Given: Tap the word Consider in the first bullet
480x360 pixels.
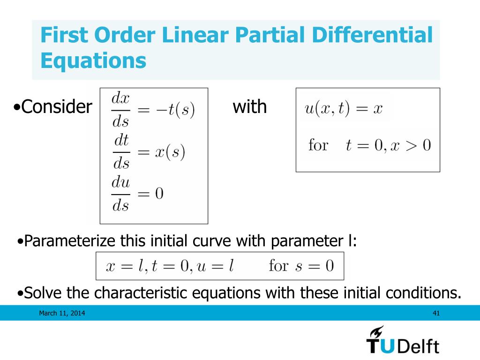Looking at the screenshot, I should (x=57, y=107).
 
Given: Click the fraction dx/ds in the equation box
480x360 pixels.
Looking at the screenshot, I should (x=121, y=111).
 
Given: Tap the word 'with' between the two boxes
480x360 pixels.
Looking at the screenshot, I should (x=249, y=107).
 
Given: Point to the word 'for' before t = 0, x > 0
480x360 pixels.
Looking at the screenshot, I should (x=318, y=145).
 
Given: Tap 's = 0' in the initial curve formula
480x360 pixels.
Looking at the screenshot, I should (x=315, y=266).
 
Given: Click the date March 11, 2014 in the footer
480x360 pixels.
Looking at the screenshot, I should (x=62, y=313).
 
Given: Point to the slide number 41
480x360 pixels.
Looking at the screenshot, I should (x=436, y=313).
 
